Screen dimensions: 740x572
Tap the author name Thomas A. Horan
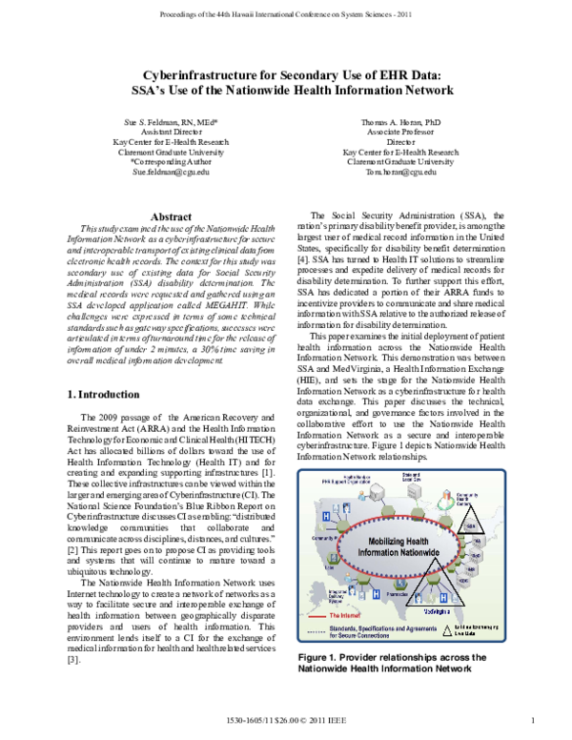pos(401,124)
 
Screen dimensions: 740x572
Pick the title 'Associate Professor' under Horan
pos(401,134)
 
